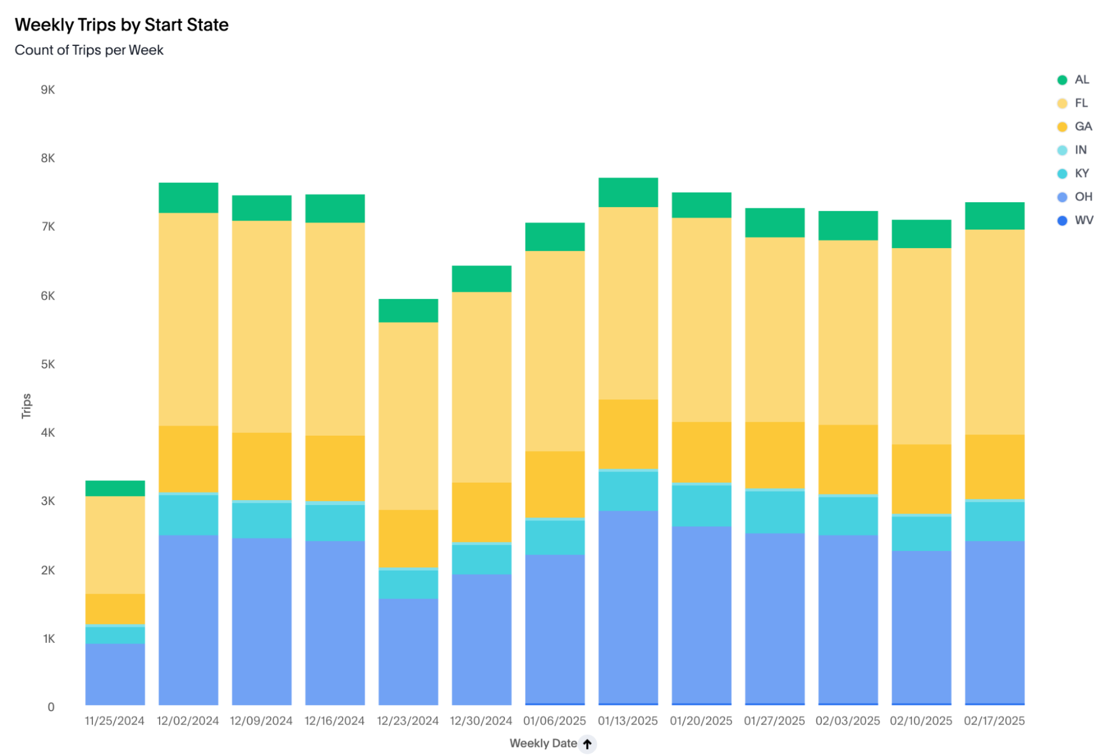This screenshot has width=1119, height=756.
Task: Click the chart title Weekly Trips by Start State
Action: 121,25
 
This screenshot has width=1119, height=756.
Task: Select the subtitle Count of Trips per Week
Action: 89,50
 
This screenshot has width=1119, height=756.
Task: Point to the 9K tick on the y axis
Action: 48,90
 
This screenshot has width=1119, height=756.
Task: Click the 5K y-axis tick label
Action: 48,364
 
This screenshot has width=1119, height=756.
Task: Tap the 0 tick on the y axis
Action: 51,707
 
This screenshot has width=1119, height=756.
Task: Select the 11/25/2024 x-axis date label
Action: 115,721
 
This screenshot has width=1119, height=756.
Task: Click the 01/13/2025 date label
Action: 628,721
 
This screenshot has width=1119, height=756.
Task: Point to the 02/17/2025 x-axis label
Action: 994,721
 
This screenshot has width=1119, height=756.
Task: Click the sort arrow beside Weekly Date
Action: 587,744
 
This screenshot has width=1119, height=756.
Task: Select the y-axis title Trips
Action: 26,405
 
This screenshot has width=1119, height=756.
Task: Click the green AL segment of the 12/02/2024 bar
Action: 188,198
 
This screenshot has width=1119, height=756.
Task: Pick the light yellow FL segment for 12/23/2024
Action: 408,416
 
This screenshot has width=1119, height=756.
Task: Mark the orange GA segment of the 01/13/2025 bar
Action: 628,434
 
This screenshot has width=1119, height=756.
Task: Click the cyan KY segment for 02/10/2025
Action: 921,533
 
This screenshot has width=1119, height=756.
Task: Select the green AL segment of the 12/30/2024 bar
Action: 481,278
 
